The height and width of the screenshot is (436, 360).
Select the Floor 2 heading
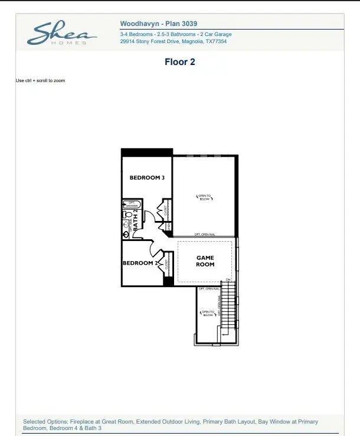tap(179, 61)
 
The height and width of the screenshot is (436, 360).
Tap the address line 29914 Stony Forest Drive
tap(173, 42)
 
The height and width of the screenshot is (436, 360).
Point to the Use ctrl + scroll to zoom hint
tap(40, 80)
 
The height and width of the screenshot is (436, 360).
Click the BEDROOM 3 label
tap(147, 178)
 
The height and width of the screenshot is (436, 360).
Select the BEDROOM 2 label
tap(138, 263)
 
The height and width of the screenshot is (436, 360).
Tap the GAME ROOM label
tap(205, 261)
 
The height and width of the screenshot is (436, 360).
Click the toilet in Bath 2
tap(127, 215)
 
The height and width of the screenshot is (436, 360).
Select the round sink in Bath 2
tap(126, 234)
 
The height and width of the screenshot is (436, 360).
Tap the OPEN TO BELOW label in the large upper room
tap(204, 197)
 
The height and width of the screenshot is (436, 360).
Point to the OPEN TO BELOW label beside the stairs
tap(207, 314)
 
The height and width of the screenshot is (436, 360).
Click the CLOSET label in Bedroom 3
tap(166, 210)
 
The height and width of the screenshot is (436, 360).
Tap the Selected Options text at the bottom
tap(170, 425)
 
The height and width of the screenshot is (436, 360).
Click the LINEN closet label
tap(169, 226)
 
